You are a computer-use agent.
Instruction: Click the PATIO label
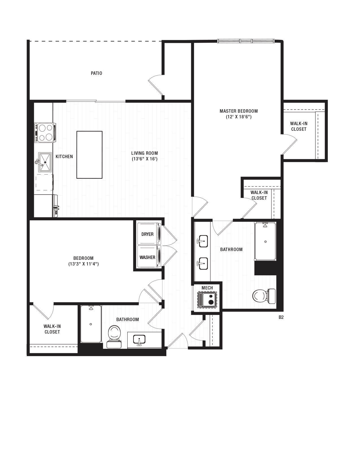96,73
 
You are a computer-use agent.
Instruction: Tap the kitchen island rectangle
90,155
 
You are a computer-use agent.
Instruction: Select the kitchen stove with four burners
45,132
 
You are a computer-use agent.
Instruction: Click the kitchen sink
45,162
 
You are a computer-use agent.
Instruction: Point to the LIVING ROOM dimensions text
145,159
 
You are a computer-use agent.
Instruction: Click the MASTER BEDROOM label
239,111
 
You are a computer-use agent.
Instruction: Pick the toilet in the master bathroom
264,296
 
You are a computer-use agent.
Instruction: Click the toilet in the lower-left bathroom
114,336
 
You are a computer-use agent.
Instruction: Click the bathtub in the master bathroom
265,241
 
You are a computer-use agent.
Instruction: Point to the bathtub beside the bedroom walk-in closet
91,324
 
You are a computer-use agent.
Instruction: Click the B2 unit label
281,317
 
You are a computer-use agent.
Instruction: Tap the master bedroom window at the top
246,41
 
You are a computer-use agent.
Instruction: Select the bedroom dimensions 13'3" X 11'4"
83,264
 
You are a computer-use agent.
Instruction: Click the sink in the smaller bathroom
139,339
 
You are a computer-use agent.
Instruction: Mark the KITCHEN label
64,156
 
